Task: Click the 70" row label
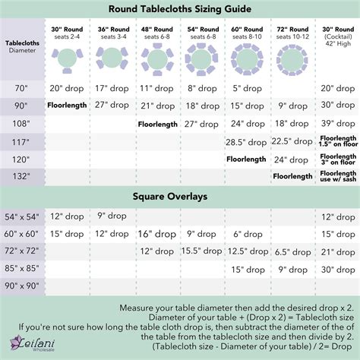click(x=21, y=88)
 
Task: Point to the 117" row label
click(x=21, y=141)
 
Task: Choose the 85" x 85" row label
click(x=21, y=268)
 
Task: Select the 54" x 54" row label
click(x=21, y=216)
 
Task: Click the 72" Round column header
click(x=292, y=33)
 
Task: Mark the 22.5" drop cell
click(x=292, y=141)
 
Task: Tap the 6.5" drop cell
click(x=292, y=251)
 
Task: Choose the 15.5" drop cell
click(x=201, y=251)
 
